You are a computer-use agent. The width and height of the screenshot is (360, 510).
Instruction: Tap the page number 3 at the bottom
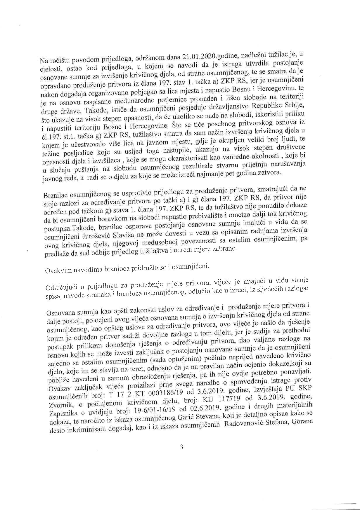(181, 447)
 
